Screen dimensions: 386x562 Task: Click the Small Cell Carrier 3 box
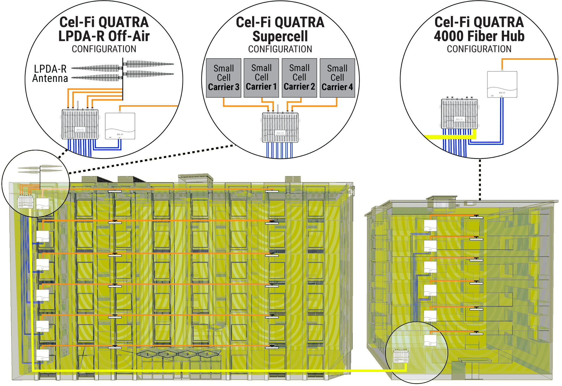coord(224,78)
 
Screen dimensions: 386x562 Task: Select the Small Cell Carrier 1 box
coord(261,78)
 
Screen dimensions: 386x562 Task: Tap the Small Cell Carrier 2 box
coord(299,78)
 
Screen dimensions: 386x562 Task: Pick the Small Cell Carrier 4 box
coord(337,78)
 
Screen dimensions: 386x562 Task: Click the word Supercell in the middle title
coord(280,36)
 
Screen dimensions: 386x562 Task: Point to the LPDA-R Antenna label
coord(50,74)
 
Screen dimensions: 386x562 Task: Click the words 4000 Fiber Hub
coord(479,36)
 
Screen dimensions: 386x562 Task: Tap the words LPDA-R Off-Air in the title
coord(104,36)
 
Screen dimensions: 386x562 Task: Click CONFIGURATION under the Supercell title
coord(280,49)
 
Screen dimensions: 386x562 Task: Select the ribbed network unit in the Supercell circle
coord(280,127)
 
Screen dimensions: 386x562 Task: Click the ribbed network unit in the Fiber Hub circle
coord(459,114)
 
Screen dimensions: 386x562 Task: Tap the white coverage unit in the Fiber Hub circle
coord(502,84)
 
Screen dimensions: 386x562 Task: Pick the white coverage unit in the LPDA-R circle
coord(120,126)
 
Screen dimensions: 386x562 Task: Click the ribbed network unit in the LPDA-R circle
coord(80,124)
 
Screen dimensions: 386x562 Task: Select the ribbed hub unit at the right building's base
coord(401,356)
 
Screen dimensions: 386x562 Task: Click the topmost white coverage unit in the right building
coord(430,226)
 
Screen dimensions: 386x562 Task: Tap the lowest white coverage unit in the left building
coord(42,355)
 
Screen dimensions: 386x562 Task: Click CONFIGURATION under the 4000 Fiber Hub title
coord(479,49)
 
